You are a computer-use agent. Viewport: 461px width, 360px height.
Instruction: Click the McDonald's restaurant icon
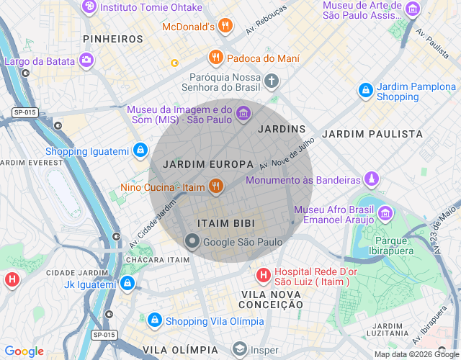pos(225,27)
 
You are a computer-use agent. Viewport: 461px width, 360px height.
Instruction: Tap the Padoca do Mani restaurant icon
pos(215,58)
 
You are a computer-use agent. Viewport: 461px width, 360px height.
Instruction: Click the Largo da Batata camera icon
pos(87,60)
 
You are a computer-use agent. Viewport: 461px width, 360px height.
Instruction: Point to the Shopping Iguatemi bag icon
pos(140,151)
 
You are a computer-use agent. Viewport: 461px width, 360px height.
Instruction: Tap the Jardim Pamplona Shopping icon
pos(366,90)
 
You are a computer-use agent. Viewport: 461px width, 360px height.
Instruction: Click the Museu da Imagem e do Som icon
pos(243,113)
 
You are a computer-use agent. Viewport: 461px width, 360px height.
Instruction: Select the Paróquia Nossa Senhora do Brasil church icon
pos(272,81)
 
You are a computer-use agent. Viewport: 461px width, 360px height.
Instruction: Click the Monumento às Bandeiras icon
pos(371,179)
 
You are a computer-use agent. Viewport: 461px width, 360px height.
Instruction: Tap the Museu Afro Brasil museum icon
pos(385,213)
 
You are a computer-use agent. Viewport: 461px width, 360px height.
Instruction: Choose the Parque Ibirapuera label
pos(392,246)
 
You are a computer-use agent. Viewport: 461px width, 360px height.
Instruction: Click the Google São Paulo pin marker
pos(192,241)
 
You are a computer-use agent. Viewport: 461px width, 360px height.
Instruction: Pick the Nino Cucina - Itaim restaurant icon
pos(215,188)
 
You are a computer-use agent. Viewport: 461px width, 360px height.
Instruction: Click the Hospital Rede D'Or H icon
pos(264,275)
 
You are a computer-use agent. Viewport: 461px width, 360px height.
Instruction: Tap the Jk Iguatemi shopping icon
pos(127,284)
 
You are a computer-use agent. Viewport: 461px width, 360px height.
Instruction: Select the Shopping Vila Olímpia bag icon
pos(154,320)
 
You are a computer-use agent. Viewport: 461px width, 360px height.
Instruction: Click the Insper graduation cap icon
pos(239,350)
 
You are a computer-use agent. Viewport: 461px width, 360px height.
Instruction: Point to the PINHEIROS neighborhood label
pos(113,38)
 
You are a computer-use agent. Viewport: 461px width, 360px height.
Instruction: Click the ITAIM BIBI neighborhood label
pos(226,224)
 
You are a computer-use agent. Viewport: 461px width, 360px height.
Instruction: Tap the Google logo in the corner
pos(24,351)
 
